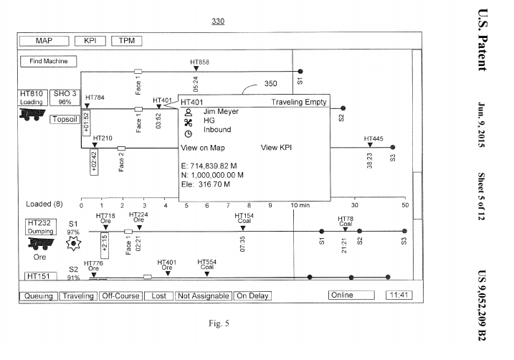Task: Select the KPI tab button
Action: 90,41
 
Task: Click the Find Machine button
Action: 48,62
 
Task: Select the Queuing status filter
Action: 38,295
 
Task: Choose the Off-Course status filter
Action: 120,295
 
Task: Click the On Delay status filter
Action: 252,295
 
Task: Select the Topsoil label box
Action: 66,119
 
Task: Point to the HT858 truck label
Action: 200,63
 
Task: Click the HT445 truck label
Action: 373,138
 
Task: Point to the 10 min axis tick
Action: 300,204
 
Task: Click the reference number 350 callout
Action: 271,84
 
